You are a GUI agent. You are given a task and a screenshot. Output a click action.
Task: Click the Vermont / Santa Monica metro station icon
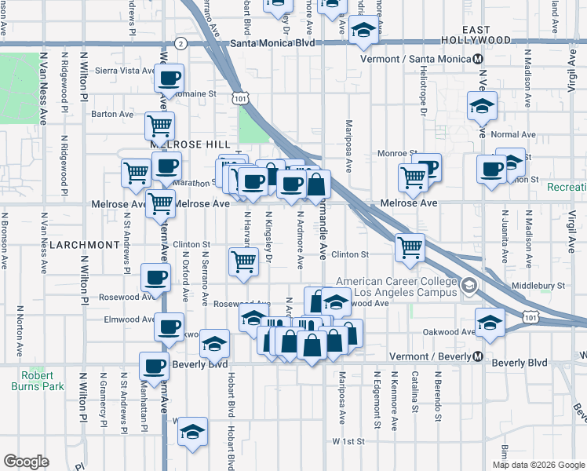(479, 59)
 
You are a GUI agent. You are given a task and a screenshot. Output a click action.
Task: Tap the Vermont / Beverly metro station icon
(477, 357)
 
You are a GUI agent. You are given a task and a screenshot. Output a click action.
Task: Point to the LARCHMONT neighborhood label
(83, 245)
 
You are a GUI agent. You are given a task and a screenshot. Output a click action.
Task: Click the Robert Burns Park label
(32, 380)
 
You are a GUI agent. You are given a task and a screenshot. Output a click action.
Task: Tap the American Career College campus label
(396, 287)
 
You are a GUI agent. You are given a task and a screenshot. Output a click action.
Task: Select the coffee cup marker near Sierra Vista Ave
(170, 78)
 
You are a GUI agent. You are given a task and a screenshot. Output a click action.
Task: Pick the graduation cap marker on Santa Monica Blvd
(364, 31)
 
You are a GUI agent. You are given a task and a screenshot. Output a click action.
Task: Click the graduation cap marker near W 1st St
(191, 432)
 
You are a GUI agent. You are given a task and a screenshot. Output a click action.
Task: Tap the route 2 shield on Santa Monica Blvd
(180, 44)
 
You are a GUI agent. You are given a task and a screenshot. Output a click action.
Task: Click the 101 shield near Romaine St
(241, 97)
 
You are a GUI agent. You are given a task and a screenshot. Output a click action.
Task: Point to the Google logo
(26, 462)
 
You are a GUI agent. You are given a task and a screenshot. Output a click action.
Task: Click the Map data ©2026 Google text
(538, 465)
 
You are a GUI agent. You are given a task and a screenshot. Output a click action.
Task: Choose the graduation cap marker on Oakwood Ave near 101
(490, 322)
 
